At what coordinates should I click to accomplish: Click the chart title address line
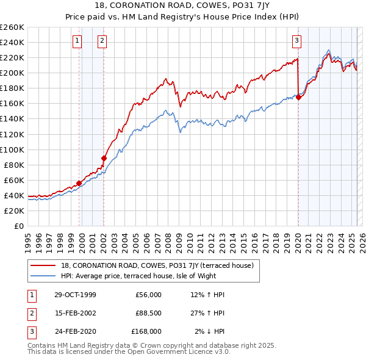click(x=182, y=7)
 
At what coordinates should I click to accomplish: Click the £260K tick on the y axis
click(x=12, y=27)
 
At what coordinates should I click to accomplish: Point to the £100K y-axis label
click(x=12, y=149)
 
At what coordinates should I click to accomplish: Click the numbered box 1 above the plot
click(x=78, y=41)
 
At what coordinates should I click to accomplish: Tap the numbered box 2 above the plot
click(x=102, y=41)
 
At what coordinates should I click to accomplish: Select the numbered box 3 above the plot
click(x=296, y=41)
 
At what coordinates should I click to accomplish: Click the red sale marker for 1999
click(x=79, y=183)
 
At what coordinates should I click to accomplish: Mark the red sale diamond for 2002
click(x=104, y=158)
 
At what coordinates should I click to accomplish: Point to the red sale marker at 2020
click(x=298, y=97)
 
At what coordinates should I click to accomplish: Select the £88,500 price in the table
click(x=149, y=313)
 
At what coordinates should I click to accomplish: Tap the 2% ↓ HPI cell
click(x=210, y=331)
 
